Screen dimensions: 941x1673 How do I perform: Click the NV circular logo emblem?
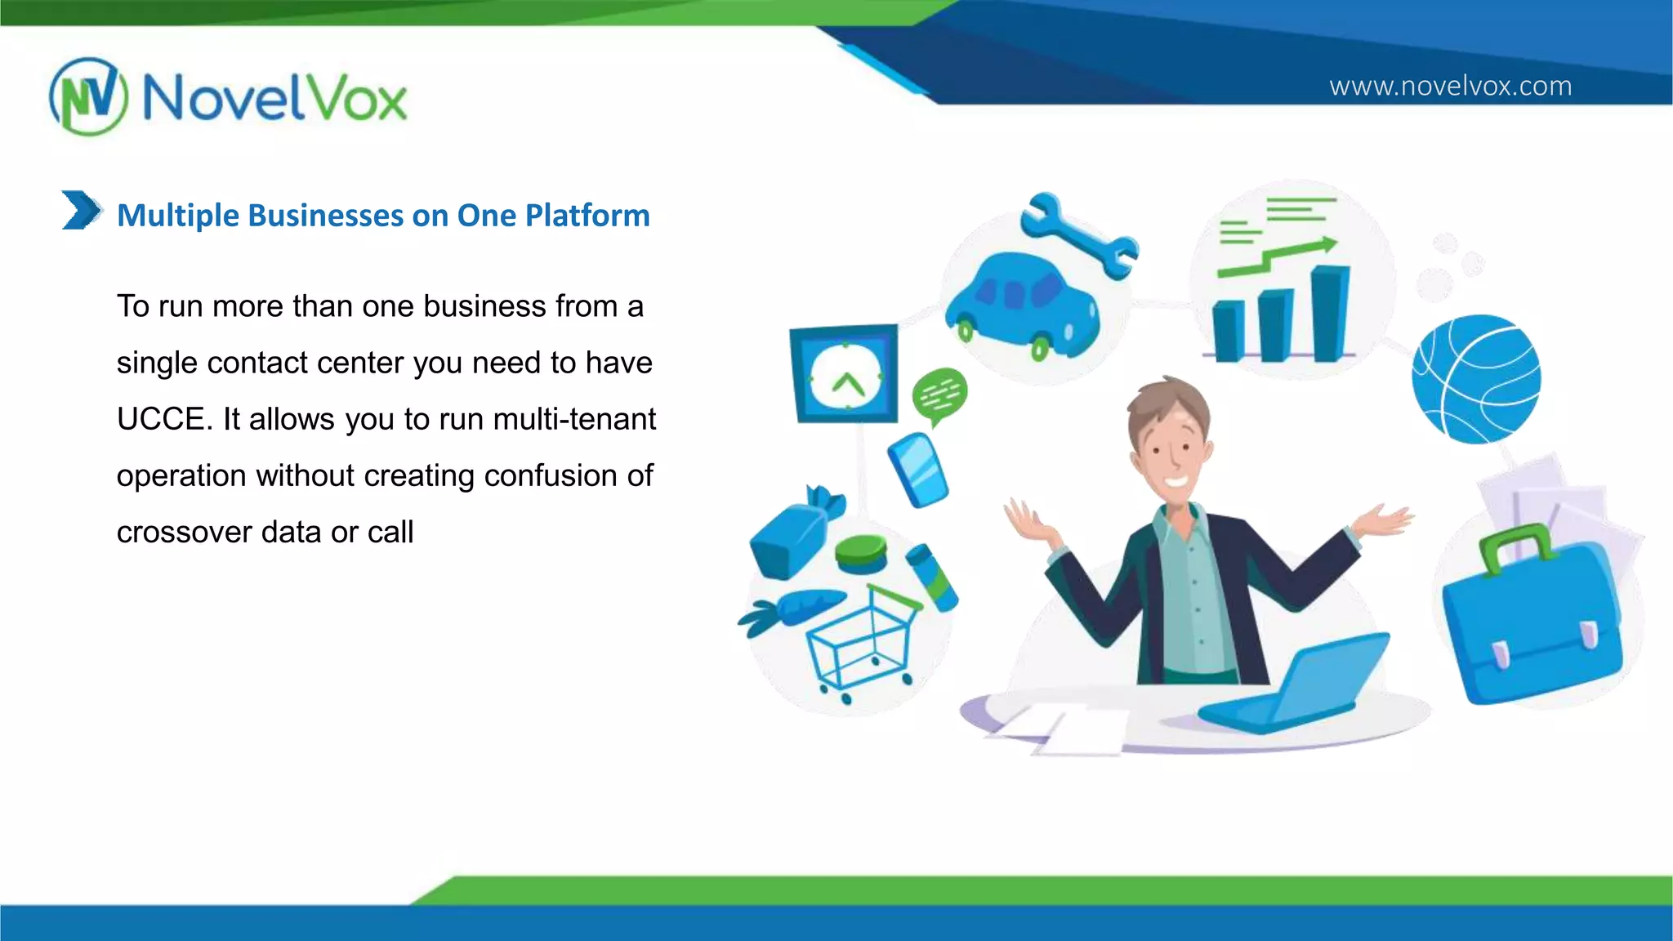click(88, 96)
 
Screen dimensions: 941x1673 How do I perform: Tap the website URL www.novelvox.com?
click(1450, 86)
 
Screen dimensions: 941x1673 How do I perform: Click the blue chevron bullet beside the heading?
click(82, 211)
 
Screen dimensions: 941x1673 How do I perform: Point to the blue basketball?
click(1476, 379)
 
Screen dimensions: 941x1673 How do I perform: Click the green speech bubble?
click(939, 395)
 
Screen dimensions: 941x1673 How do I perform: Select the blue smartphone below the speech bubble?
click(919, 470)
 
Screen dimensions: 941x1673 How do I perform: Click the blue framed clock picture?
click(845, 374)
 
